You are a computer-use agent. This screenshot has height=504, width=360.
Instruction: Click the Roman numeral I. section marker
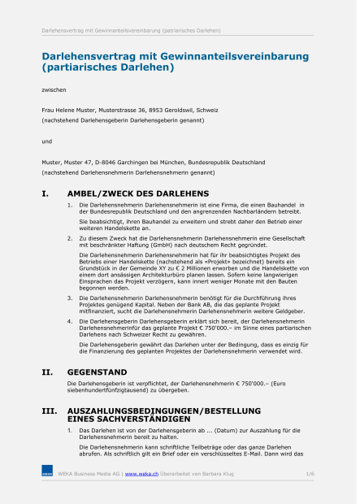[x=46, y=193]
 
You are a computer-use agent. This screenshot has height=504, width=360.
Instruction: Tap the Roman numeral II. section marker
[x=47, y=372]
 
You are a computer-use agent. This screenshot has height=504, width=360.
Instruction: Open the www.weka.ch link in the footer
[x=141, y=472]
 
